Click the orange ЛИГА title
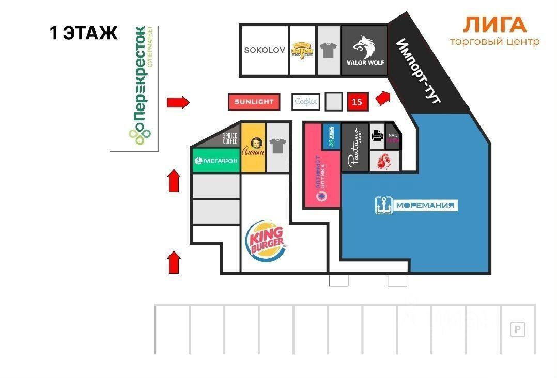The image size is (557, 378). tap(494, 25)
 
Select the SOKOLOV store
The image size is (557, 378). tap(265, 50)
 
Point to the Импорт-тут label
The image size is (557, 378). tap(419, 71)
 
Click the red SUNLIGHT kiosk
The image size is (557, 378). tap(254, 102)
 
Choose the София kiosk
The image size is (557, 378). tap(305, 102)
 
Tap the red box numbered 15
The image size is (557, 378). tap(357, 102)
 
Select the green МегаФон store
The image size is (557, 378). tap(216, 161)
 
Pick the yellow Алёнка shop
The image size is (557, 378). tap(254, 148)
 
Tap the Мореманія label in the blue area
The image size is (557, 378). tap(416, 206)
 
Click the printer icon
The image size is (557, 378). tap(377, 136)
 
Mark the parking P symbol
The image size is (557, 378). tap(517, 329)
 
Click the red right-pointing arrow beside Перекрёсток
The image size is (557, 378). tap(178, 102)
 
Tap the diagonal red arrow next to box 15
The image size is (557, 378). tap(382, 97)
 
